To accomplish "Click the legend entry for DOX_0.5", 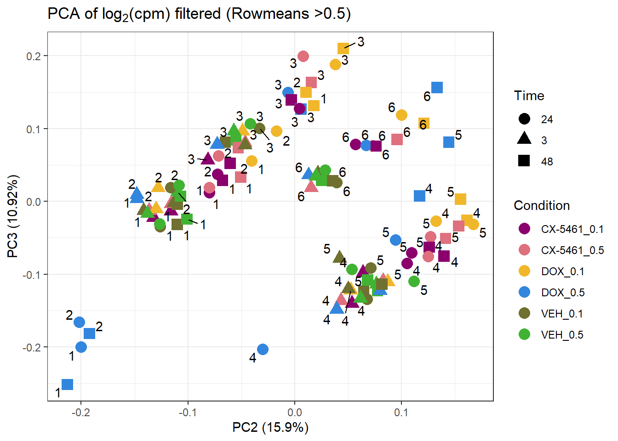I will point(562,293).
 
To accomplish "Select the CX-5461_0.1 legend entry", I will point(572,229).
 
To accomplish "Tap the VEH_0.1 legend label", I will point(562,314).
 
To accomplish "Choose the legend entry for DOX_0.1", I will point(562,271).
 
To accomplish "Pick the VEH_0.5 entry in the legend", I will point(562,335).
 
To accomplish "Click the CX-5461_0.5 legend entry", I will point(572,250).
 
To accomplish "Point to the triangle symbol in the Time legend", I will point(524,138).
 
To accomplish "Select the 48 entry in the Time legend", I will point(547,161).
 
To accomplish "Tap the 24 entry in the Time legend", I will point(547,119).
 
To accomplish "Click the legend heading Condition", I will point(541,205).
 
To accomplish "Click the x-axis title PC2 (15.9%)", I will point(270,427).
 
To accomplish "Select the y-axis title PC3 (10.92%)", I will point(12,216).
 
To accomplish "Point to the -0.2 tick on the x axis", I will point(81,413).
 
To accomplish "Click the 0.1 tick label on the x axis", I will point(401,413).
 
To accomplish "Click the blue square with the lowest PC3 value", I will point(68,384).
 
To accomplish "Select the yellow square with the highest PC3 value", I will point(343,49).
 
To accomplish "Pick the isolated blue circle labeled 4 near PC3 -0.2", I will point(263,350).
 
